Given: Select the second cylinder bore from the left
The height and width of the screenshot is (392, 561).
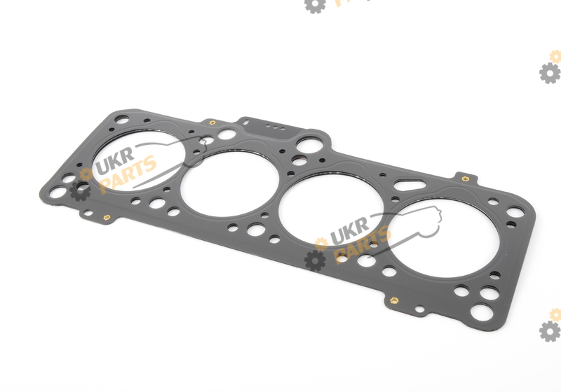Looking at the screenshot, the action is (230, 183).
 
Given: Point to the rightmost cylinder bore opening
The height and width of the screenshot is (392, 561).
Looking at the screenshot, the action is (443, 237).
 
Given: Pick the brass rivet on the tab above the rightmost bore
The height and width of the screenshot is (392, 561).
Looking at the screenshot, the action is (465, 178).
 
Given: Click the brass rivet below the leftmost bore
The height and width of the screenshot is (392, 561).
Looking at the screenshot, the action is (107, 217).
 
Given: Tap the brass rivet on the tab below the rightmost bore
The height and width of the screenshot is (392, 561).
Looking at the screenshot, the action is (394, 300).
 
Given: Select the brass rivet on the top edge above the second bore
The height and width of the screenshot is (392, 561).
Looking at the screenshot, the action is (212, 122).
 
